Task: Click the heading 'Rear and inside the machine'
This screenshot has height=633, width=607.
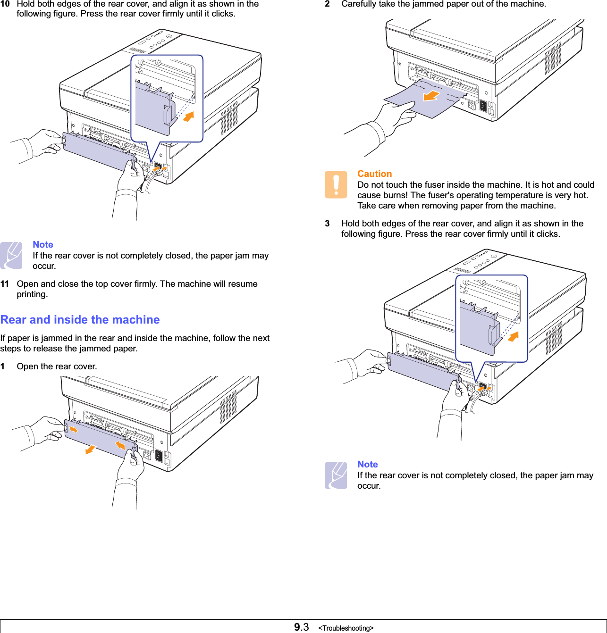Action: point(80,320)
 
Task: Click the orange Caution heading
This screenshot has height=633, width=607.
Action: point(374,174)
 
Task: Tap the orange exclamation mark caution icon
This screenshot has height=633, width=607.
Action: point(336,184)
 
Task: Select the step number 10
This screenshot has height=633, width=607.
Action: point(5,4)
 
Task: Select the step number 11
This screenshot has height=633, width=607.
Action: point(5,284)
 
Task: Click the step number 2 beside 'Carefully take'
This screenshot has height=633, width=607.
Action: point(327,4)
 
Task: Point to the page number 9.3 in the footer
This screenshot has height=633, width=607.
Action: point(301,627)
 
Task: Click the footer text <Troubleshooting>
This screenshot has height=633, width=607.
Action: point(346,628)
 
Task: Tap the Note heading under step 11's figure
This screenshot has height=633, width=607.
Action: point(43,244)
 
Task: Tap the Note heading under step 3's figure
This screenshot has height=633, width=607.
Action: point(368,464)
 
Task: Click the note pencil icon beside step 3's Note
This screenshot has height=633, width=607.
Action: point(336,475)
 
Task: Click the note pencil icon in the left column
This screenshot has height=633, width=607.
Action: point(11,255)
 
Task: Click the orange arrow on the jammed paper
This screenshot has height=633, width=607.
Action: point(430,96)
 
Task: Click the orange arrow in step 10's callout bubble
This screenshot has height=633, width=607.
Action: point(188,116)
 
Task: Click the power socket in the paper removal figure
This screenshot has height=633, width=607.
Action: point(483,106)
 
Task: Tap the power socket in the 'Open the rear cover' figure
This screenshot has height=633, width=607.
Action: point(159,456)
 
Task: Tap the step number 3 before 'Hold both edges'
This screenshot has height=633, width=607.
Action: point(327,224)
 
